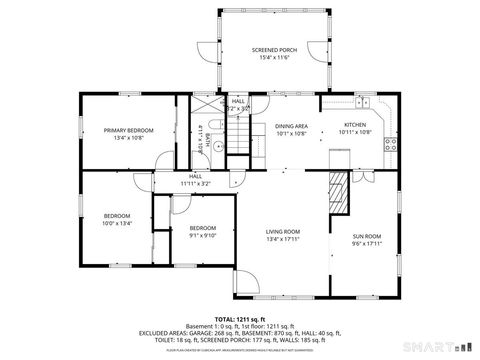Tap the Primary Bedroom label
(x=128, y=130)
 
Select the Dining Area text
(x=291, y=126)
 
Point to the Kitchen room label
(x=355, y=125)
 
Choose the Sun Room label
(x=366, y=236)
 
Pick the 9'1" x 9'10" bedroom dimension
(x=203, y=235)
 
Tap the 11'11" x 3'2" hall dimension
(x=195, y=183)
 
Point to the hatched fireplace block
(x=341, y=191)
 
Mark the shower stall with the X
(x=206, y=103)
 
